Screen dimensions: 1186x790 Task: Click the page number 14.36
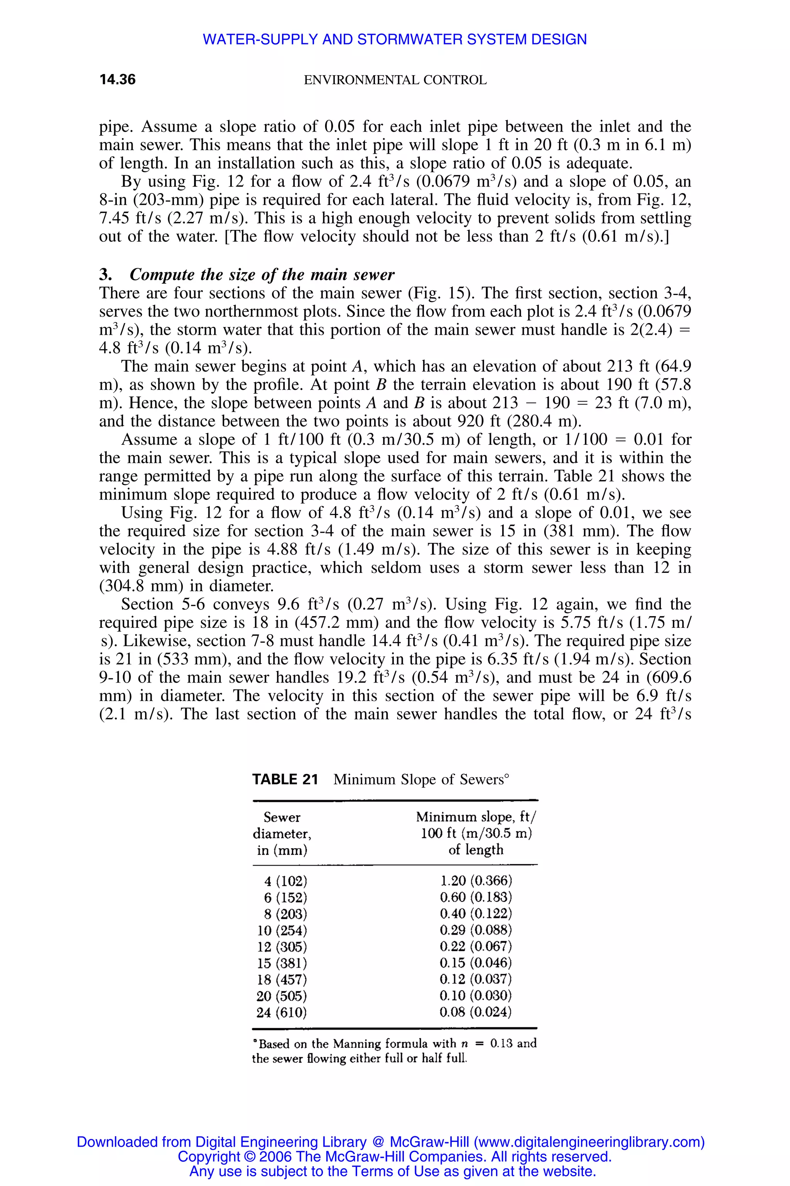click(x=117, y=80)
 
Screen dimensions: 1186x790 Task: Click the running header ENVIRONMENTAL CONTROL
click(x=395, y=80)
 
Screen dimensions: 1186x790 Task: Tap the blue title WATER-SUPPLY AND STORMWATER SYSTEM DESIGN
click(x=395, y=39)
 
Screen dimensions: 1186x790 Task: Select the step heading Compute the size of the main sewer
click(x=262, y=274)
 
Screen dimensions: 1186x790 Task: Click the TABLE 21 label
click(x=285, y=779)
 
